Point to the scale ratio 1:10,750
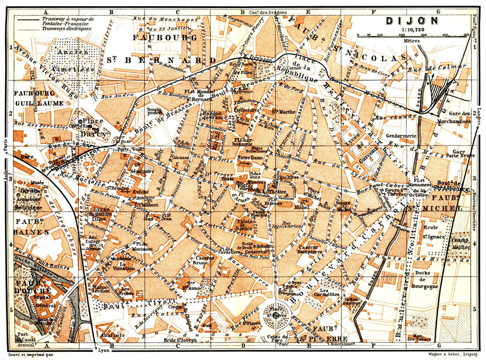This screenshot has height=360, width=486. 413,30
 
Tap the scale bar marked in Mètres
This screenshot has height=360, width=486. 413,35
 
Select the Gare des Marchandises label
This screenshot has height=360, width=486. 455,117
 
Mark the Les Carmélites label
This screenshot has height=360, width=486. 326,294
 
